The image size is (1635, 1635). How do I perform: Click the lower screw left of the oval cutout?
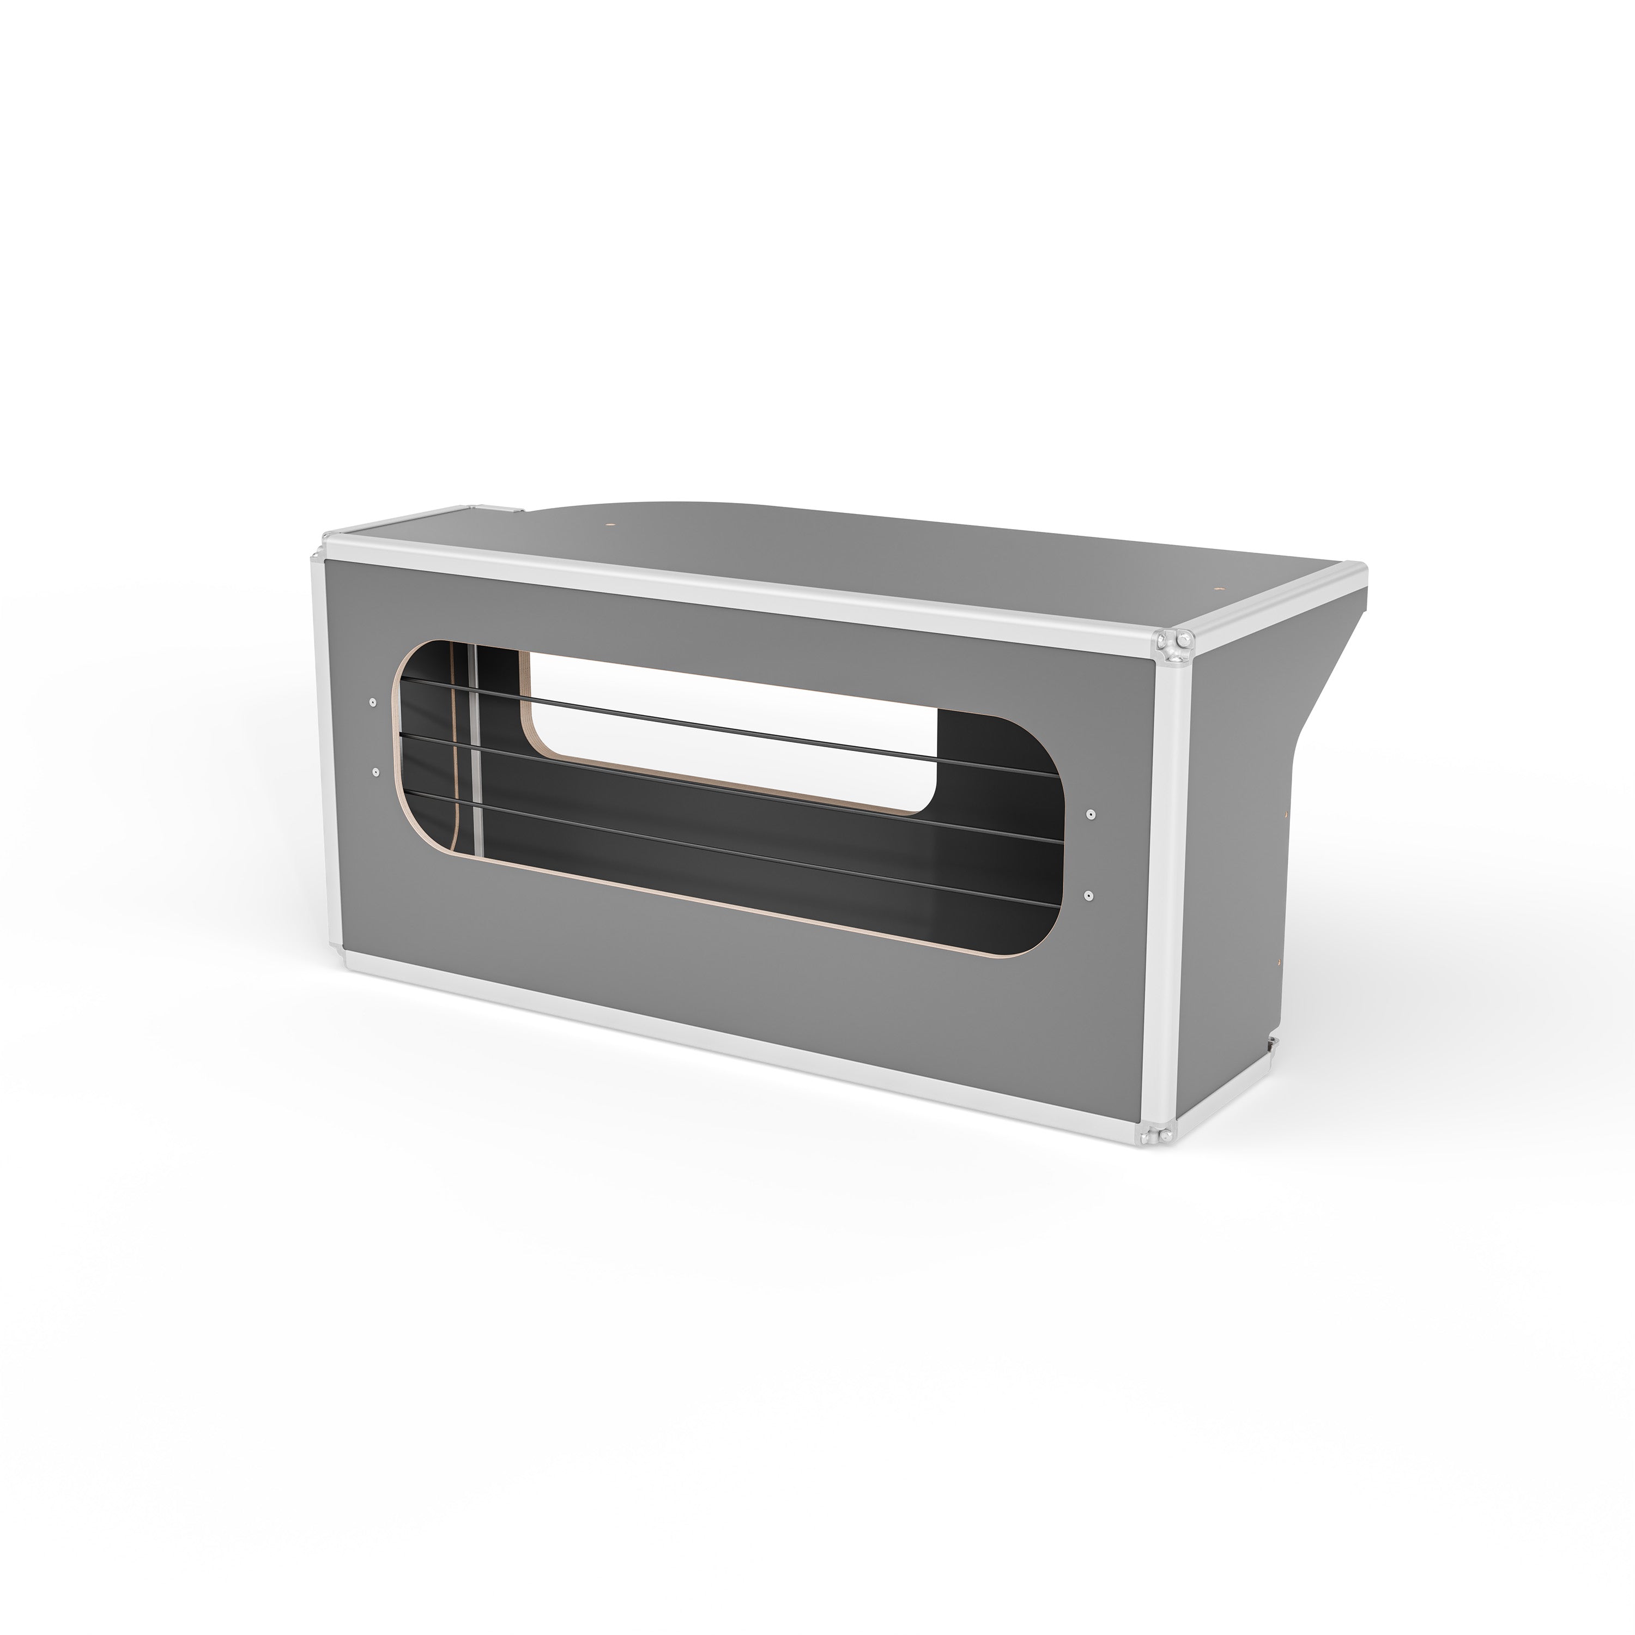373,771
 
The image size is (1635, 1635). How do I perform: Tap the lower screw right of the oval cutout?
1089,894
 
